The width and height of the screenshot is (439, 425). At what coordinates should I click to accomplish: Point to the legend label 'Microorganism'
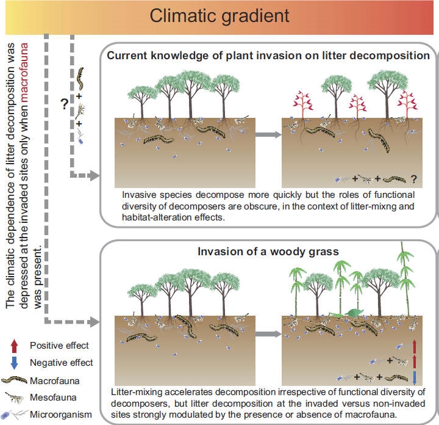[59, 415]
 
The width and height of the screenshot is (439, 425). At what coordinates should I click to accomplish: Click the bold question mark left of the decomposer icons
[63, 104]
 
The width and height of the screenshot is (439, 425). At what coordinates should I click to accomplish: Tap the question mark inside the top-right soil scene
[414, 179]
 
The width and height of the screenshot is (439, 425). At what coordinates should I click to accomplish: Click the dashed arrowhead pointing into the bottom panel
[94, 320]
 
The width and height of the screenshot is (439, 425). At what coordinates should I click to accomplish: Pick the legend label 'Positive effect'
[59, 346]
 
